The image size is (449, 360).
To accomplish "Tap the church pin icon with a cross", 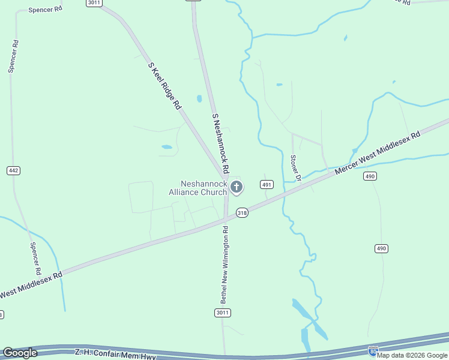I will click(x=237, y=187).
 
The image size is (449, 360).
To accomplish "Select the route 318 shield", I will click(x=242, y=212).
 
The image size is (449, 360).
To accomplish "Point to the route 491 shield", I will click(x=267, y=184).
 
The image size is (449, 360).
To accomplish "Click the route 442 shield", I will click(x=14, y=170).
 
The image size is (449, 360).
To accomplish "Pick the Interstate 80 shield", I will click(x=373, y=350).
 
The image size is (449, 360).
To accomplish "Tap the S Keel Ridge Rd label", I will click(x=164, y=85).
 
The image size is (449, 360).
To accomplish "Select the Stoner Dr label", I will click(x=295, y=167).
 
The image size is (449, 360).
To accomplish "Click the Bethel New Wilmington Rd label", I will click(x=224, y=264).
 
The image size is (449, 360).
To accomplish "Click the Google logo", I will click(x=20, y=353).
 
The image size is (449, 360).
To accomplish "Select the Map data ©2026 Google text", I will click(x=412, y=355).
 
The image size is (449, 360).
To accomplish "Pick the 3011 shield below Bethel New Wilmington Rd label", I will click(x=222, y=313).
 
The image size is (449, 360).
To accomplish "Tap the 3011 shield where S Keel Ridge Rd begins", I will click(x=94, y=2).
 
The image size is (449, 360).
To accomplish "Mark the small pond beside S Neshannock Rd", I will click(x=199, y=98).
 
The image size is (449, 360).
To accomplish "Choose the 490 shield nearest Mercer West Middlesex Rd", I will click(x=370, y=176).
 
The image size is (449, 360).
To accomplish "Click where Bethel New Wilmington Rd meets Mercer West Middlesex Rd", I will click(x=226, y=220).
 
